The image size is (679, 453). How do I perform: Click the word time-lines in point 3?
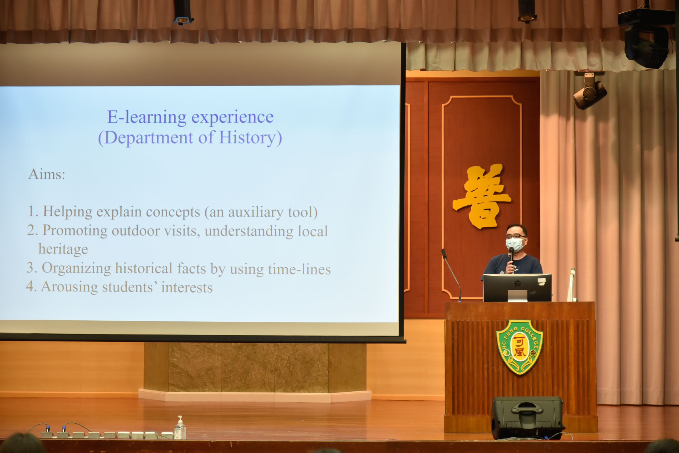click(299, 269)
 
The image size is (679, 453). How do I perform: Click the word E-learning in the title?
click(147, 118)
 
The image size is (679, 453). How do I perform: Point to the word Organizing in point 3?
click(76, 268)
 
